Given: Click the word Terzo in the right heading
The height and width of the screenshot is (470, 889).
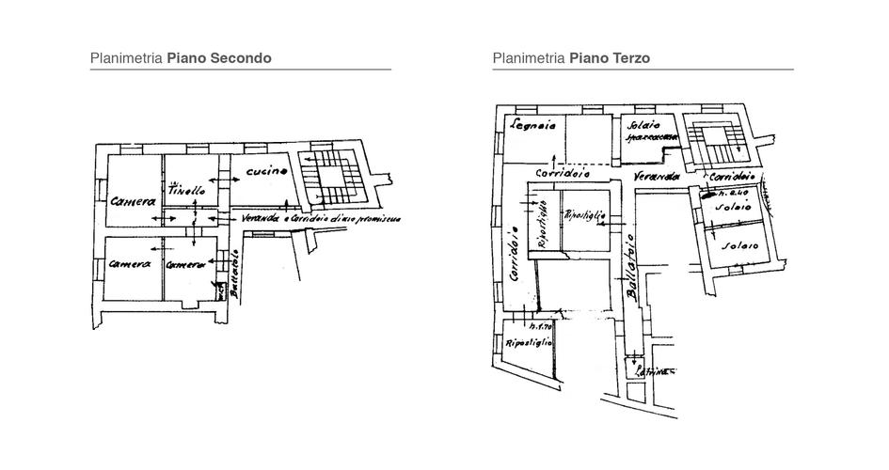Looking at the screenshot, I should click(x=628, y=58).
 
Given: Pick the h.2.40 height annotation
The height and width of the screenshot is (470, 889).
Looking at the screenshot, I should click(x=732, y=191).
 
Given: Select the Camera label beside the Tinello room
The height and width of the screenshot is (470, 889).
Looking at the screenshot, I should click(x=132, y=200).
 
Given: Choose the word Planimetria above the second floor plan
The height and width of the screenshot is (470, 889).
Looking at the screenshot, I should click(x=126, y=58).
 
